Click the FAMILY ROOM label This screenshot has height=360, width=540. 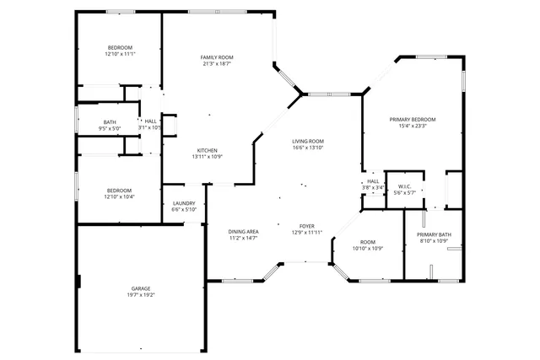(217, 57)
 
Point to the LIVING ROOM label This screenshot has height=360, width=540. (308, 141)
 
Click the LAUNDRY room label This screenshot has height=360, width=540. (184, 203)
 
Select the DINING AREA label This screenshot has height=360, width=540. (243, 231)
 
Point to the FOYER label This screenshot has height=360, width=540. (307, 226)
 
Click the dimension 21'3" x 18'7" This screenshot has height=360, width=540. (217, 64)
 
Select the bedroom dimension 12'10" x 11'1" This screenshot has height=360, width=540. (120, 54)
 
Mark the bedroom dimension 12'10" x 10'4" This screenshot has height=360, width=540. (120, 196)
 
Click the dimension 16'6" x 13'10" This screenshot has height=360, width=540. (308, 148)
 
